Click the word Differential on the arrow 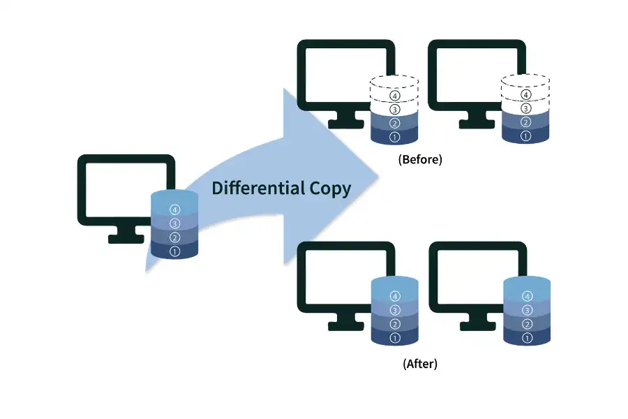(x=257, y=188)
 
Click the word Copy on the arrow (x=329, y=189)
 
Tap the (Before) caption (x=420, y=159)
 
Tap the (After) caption (x=420, y=364)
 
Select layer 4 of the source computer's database (x=174, y=209)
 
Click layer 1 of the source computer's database (x=174, y=251)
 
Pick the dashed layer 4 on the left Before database (x=395, y=95)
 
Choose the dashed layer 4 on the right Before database (x=526, y=95)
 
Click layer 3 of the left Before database (x=395, y=110)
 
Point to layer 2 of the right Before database (x=526, y=123)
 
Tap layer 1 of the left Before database (x=395, y=137)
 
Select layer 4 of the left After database (x=395, y=296)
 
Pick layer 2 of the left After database (x=395, y=324)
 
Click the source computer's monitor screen (x=119, y=189)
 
